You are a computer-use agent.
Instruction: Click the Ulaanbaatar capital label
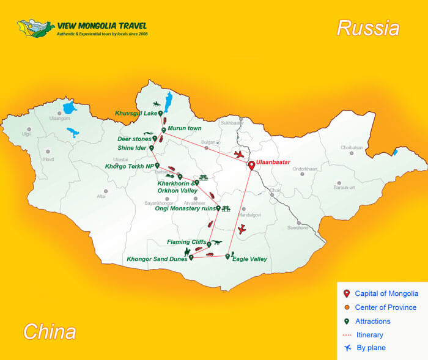click(x=273, y=162)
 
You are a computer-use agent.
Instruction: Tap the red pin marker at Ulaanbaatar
click(x=251, y=166)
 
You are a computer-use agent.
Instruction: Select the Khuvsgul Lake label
click(x=136, y=113)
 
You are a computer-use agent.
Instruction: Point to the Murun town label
click(x=185, y=128)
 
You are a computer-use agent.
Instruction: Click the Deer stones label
click(x=135, y=139)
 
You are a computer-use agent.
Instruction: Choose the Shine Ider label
click(x=132, y=147)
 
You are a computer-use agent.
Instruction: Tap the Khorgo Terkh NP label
click(x=129, y=166)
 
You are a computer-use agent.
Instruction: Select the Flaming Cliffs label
click(x=186, y=242)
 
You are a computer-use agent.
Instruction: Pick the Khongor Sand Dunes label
click(x=157, y=259)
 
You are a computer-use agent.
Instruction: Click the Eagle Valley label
click(x=249, y=259)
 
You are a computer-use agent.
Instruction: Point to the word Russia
click(x=368, y=28)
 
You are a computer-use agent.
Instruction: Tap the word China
click(x=50, y=331)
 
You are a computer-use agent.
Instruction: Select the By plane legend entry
click(x=370, y=348)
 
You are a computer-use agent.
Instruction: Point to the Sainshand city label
click(x=298, y=227)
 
